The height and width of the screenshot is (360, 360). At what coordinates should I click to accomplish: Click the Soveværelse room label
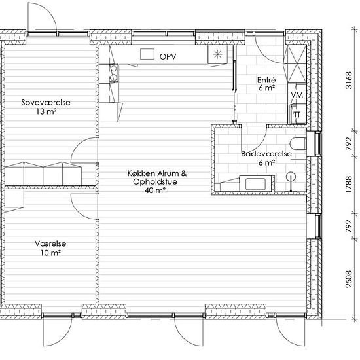pos(45,103)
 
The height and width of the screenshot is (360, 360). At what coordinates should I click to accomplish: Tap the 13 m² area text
pos(45,111)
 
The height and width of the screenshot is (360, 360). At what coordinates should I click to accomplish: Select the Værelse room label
pos(51,243)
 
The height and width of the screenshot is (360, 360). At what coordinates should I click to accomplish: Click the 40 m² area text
pos(156,190)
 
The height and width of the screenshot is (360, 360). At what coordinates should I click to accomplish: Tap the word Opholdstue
pos(156,182)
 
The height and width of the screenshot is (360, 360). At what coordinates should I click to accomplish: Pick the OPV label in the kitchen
pos(168,58)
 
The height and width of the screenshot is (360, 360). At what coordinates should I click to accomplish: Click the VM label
pos(297,96)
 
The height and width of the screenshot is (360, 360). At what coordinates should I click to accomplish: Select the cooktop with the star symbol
pos(217,55)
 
